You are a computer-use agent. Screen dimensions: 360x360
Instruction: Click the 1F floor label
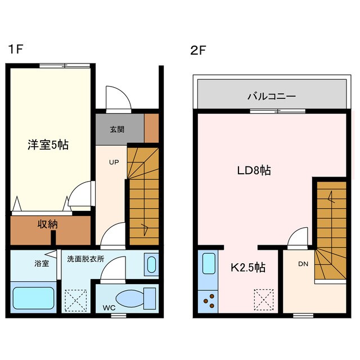(x=15, y=49)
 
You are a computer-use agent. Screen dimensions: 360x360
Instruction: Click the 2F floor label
(x=197, y=49)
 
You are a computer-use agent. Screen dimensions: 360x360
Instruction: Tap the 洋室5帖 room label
(x=48, y=145)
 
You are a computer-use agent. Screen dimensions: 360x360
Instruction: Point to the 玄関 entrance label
(x=117, y=129)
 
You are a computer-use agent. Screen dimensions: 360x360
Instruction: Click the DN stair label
(x=302, y=264)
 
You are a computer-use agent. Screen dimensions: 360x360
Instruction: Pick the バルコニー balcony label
(x=271, y=96)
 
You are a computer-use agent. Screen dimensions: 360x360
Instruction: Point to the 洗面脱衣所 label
(x=85, y=259)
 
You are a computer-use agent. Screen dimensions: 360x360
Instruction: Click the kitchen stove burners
(x=209, y=300)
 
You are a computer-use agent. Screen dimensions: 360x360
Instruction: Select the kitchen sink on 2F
(x=209, y=263)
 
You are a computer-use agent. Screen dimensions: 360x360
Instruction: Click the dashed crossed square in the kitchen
(x=263, y=299)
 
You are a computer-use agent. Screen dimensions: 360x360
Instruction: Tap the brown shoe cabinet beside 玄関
(x=152, y=129)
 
